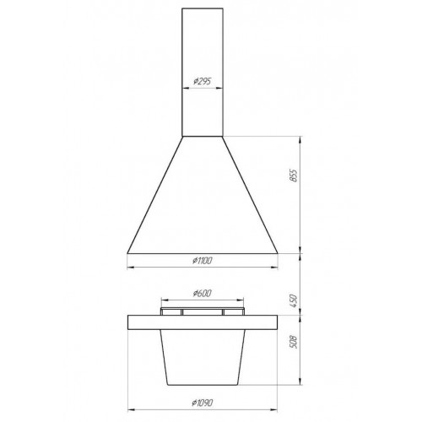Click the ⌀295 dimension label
[203, 82]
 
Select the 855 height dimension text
[293, 176]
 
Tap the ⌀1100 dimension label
[203, 261]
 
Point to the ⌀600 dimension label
[203, 294]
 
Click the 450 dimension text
[293, 300]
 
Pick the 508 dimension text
[293, 342]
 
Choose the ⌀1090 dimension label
[203, 403]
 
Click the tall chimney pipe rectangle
[203, 73]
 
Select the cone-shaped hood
[203, 195]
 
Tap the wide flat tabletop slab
[203, 322]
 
